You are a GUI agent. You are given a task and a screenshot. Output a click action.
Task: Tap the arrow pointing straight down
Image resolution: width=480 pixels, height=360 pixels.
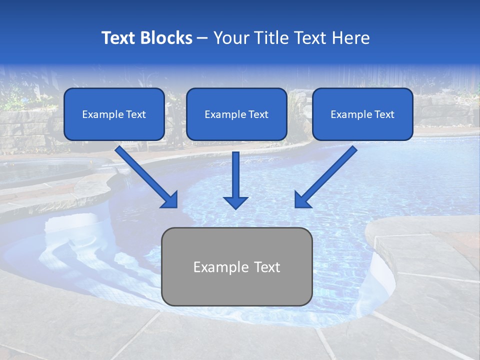click(x=235, y=177)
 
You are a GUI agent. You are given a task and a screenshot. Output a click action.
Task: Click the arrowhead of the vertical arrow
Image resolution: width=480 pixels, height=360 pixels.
click(x=235, y=202)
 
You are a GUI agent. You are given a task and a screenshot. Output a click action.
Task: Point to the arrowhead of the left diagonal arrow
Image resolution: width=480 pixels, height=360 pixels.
click(x=170, y=199)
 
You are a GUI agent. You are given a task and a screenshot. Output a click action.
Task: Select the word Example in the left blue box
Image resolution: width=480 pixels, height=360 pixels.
click(x=99, y=114)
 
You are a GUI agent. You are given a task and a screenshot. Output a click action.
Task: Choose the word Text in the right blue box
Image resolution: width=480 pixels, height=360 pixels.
click(x=384, y=114)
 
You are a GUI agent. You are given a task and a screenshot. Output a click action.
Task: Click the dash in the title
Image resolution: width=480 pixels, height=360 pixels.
click(x=203, y=38)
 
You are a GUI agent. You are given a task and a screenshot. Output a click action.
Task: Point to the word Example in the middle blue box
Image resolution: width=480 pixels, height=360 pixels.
click(x=221, y=114)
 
